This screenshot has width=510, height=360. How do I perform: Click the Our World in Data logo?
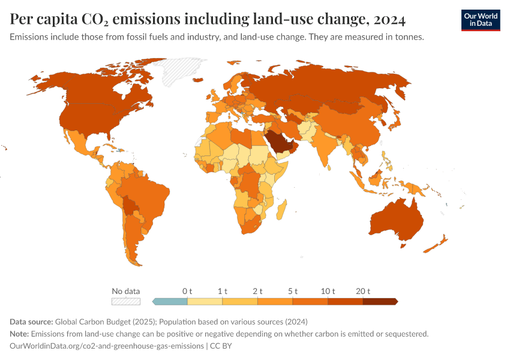coord(480,20)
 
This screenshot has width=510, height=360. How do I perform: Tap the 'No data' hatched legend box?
coord(126,302)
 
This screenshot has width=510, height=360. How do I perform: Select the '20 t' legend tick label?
coord(363,291)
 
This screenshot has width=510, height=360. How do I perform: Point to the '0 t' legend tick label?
coord(187,291)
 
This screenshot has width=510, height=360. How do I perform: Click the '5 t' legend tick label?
coord(293,291)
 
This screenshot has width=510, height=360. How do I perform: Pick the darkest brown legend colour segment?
coord(379,302)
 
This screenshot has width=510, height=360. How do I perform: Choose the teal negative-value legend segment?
coord(170,302)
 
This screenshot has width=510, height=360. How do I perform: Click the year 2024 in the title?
coord(389,20)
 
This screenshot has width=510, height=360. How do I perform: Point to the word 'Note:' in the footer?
coord(19,334)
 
